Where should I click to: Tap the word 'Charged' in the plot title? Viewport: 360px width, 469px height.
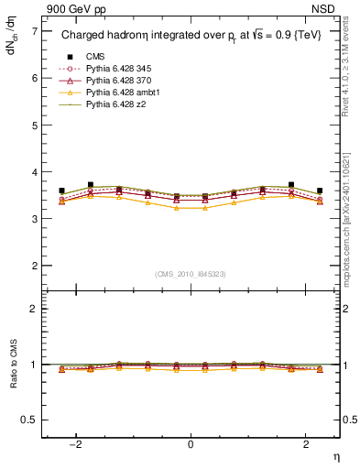pos(82,36)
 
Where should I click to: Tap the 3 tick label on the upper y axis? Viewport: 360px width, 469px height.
pos(34,219)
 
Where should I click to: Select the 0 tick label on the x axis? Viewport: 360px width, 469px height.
pos(191,444)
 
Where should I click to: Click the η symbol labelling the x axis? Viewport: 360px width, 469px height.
pos(335,456)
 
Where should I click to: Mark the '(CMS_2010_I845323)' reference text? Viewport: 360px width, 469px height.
pos(191,273)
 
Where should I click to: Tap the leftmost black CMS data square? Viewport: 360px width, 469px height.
pos(61,191)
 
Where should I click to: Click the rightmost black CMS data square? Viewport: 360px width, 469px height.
pos(320,191)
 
